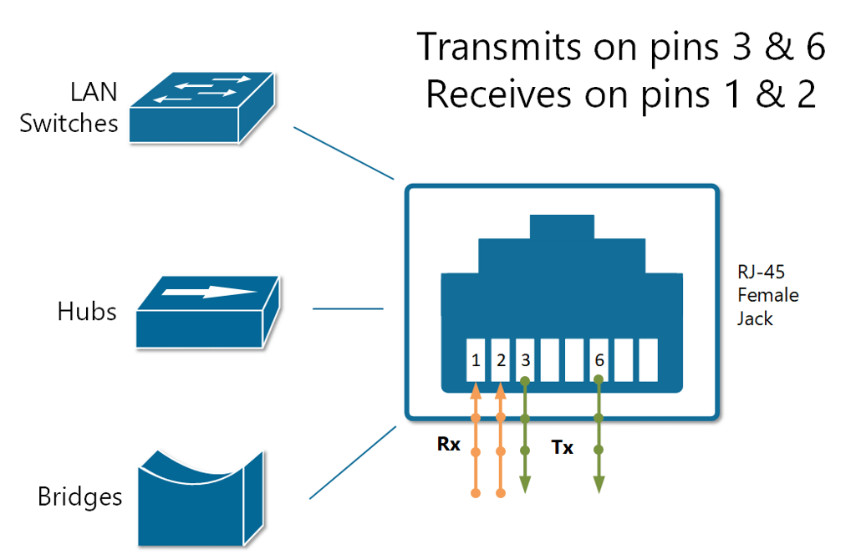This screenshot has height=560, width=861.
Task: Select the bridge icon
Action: [x=201, y=493]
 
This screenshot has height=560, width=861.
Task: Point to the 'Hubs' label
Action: [x=87, y=312]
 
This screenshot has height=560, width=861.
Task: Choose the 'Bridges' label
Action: [x=80, y=497]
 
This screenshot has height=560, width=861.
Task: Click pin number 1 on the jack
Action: [x=476, y=360]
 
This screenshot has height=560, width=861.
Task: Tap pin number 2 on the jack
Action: [x=500, y=360]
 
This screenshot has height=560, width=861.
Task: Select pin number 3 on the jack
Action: [x=525, y=360]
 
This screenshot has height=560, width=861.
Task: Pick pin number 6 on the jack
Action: [x=599, y=360]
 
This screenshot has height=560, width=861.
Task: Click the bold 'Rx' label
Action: [x=449, y=444]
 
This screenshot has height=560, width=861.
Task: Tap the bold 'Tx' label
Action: [x=563, y=447]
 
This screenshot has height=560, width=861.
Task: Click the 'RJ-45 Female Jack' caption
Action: [x=767, y=295]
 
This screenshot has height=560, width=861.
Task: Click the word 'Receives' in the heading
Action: [x=502, y=94]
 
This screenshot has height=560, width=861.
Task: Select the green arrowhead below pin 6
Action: [x=599, y=483]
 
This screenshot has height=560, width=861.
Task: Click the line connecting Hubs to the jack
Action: [x=348, y=308]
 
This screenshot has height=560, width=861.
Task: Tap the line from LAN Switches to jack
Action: [x=343, y=153]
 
